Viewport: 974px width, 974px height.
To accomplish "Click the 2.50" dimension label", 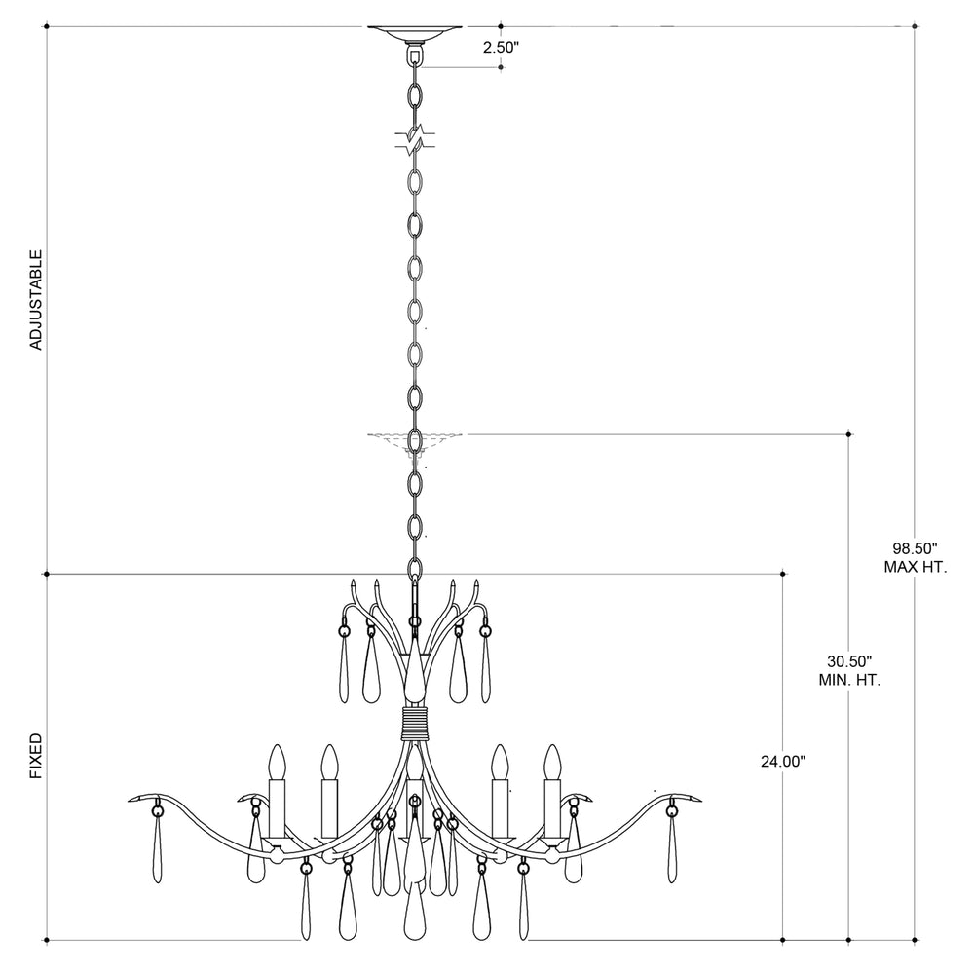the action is [501, 48].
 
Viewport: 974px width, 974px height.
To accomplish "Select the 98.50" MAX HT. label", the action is [915, 557].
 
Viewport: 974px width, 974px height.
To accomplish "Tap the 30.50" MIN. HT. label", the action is [849, 670].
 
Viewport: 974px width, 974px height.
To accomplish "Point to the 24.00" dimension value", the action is [783, 762].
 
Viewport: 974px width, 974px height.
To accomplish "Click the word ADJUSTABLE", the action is [37, 299].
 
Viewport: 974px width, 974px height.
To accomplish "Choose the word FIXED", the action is [37, 756].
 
